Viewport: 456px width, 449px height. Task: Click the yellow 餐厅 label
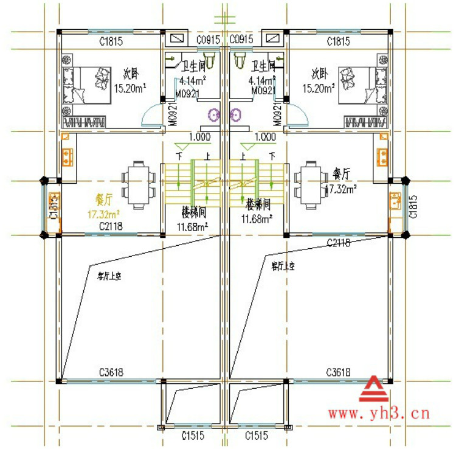click(105, 200)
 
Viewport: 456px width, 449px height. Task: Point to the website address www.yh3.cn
click(379, 414)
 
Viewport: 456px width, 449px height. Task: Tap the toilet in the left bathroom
click(210, 60)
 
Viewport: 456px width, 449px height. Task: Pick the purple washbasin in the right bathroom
click(235, 114)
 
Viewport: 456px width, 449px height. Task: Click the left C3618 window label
click(111, 372)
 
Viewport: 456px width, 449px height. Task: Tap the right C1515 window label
click(257, 436)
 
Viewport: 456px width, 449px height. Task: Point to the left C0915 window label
click(208, 40)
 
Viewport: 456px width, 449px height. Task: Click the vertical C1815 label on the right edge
click(413, 207)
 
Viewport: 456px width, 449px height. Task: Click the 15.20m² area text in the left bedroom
click(128, 87)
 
